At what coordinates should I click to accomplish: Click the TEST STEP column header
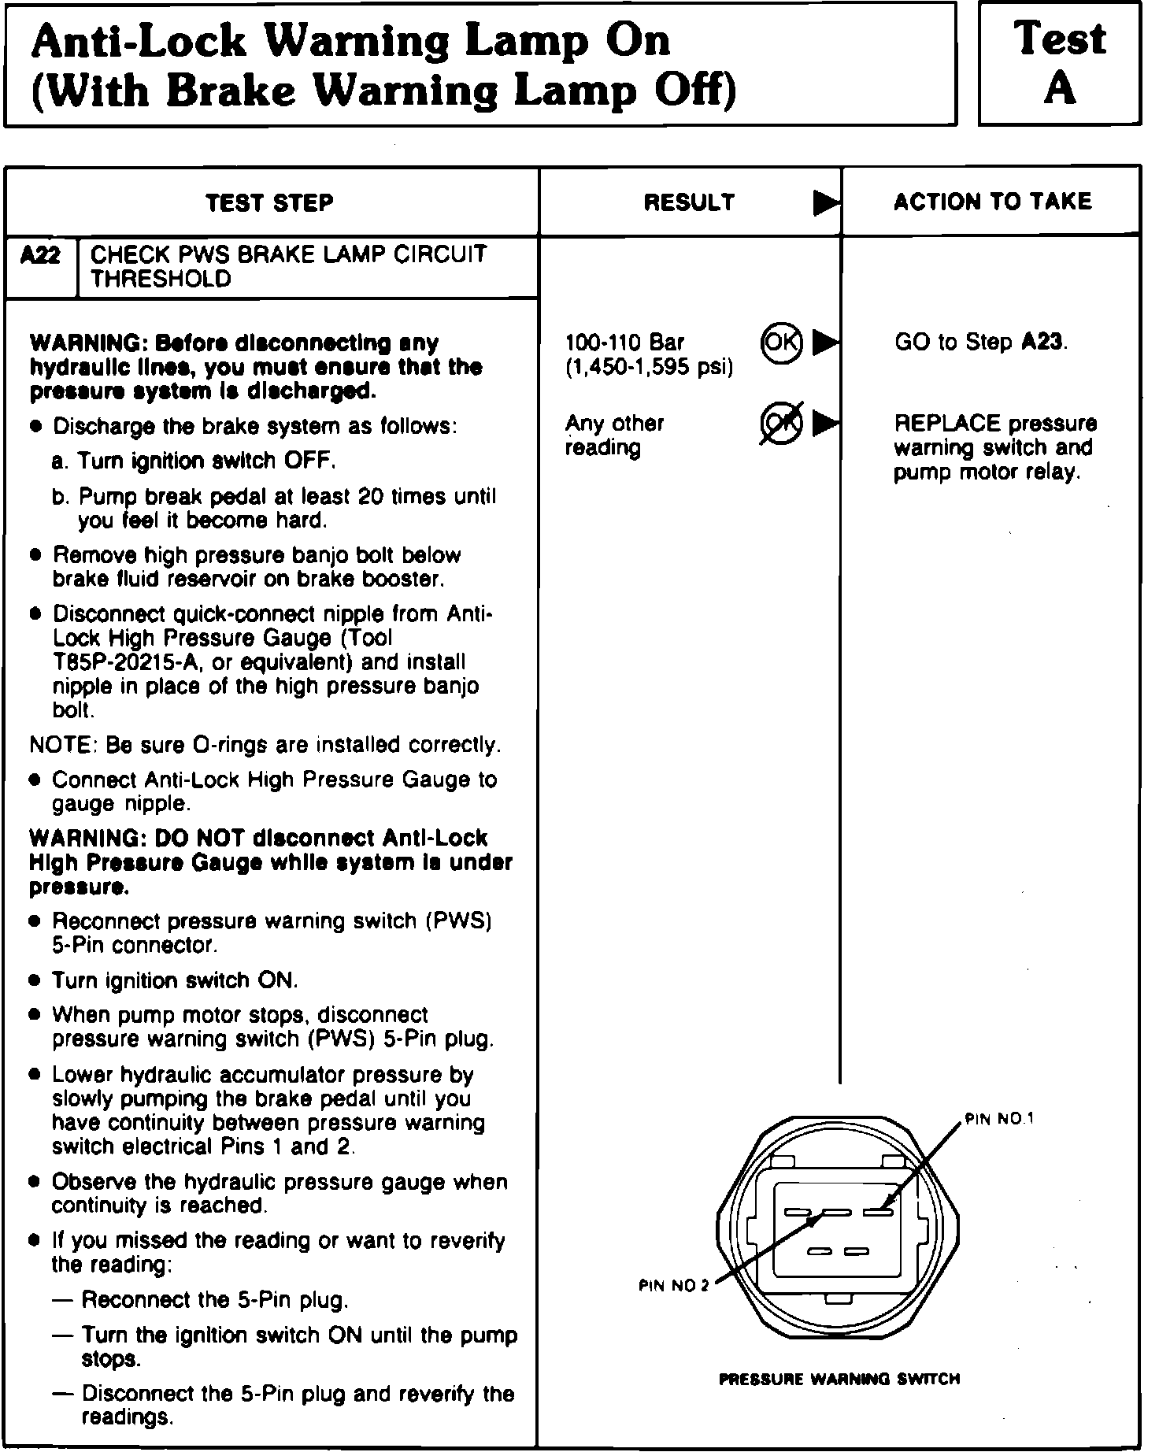tap(269, 203)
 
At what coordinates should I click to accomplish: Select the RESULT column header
tap(689, 202)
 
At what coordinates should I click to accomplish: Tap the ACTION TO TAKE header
tap(992, 202)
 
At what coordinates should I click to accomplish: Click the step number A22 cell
tap(41, 255)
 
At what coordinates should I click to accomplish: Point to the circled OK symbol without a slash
tap(781, 343)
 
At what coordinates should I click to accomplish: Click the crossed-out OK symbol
tap(781, 424)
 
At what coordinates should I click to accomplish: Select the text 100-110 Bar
tap(624, 343)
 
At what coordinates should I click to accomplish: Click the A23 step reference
tap(1043, 343)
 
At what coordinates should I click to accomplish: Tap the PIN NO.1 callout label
tap(999, 1119)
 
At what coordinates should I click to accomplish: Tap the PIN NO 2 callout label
tap(673, 1286)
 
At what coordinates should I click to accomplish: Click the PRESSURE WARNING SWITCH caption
tap(839, 1379)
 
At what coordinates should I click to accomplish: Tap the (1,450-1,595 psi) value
tap(649, 368)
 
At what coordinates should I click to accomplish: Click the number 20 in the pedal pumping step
tap(370, 497)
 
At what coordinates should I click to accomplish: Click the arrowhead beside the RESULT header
tap(825, 203)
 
